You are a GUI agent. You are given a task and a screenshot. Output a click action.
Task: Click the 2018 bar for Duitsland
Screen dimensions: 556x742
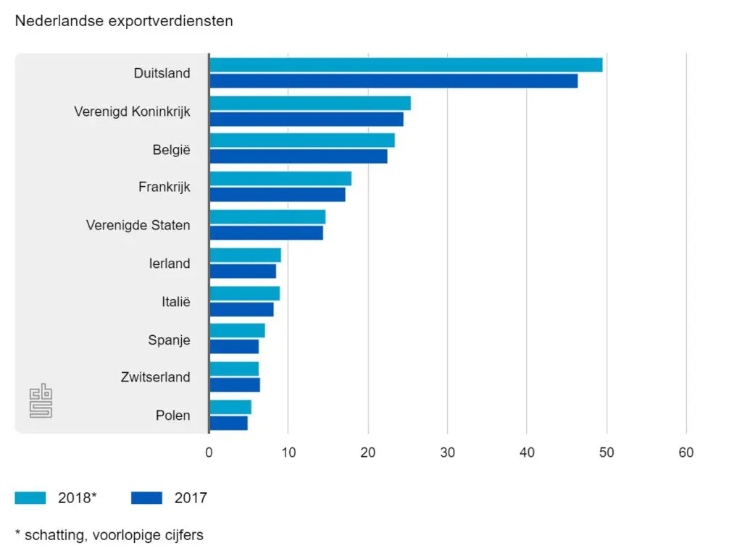[x=406, y=65]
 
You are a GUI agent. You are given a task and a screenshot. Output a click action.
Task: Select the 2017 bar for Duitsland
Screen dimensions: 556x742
[x=393, y=81]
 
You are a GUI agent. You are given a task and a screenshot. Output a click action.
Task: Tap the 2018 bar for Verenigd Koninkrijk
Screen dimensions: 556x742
[x=310, y=103]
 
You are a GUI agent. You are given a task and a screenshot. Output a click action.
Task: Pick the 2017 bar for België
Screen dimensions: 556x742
[x=299, y=156]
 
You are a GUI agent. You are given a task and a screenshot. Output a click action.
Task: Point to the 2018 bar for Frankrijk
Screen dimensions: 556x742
[x=280, y=179]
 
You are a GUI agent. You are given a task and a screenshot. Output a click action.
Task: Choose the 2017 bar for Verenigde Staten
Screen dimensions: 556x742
[x=266, y=232]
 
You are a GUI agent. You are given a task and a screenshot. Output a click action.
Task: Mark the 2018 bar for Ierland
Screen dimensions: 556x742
[x=245, y=255]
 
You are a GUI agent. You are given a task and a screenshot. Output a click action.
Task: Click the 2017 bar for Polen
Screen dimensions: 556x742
[x=228, y=423]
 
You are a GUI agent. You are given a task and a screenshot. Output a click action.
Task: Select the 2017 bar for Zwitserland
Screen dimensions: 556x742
[x=235, y=384]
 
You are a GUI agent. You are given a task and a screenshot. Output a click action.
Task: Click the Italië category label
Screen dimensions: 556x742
[x=175, y=301]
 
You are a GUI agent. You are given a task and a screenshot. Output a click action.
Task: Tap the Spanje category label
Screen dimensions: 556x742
[x=170, y=339]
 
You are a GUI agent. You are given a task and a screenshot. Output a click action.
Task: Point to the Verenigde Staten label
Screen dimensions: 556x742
[x=138, y=225]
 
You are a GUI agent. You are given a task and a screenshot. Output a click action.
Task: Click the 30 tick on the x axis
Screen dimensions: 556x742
[x=448, y=453]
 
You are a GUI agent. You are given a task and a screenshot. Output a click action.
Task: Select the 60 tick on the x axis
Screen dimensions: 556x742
[x=685, y=453]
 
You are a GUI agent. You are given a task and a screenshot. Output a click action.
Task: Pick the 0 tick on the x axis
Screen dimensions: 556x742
[x=209, y=453]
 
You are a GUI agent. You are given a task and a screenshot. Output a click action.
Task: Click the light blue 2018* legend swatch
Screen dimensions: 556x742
[x=30, y=498]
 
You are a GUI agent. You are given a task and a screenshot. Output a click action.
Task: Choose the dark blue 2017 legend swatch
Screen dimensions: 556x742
[x=146, y=498]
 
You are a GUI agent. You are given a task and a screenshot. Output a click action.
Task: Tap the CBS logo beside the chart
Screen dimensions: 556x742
[x=41, y=400]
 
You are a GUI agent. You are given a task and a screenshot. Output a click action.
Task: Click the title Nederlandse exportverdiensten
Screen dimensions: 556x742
[x=124, y=21]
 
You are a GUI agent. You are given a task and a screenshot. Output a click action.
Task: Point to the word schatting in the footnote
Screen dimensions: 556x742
[x=53, y=535]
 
